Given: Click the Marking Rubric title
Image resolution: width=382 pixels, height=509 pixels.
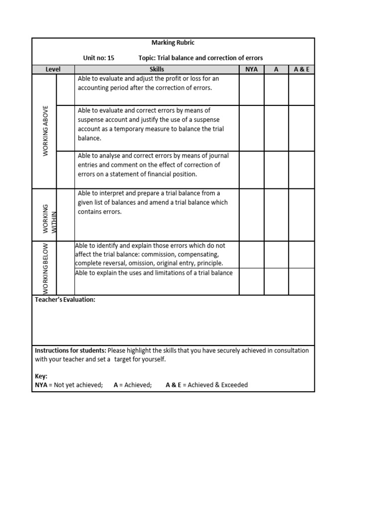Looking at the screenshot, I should click(x=173, y=43).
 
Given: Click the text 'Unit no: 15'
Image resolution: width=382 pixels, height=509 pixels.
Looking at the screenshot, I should click(x=98, y=58).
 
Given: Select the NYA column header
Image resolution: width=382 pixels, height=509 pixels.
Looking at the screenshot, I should click(x=252, y=70).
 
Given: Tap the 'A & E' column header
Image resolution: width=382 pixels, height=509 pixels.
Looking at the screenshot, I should click(x=301, y=70).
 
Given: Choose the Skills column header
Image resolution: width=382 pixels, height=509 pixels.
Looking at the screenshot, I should click(x=157, y=70).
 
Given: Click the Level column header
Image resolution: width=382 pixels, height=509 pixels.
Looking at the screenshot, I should click(x=53, y=70).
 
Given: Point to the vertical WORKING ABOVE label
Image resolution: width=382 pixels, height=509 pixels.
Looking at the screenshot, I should click(x=45, y=131).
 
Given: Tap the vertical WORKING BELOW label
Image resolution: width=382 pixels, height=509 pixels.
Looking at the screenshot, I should click(x=45, y=268).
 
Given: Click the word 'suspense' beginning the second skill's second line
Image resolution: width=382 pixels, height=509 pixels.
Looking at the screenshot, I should click(x=91, y=120).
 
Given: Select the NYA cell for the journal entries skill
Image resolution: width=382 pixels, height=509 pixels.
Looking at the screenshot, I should click(x=252, y=170).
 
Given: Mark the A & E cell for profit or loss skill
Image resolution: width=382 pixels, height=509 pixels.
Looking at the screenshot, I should click(x=301, y=90).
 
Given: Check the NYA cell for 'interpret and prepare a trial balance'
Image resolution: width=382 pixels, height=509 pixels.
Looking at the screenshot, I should click(x=252, y=215).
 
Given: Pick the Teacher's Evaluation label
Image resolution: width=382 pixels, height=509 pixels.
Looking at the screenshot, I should click(x=65, y=300).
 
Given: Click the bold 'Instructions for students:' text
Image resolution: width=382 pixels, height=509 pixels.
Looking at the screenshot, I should click(x=70, y=350).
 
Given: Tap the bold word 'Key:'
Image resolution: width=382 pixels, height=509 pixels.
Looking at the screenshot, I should click(x=41, y=376).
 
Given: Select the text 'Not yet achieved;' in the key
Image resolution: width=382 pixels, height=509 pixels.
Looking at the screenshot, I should click(x=78, y=385).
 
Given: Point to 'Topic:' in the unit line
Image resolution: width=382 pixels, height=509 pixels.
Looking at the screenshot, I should click(x=148, y=58).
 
